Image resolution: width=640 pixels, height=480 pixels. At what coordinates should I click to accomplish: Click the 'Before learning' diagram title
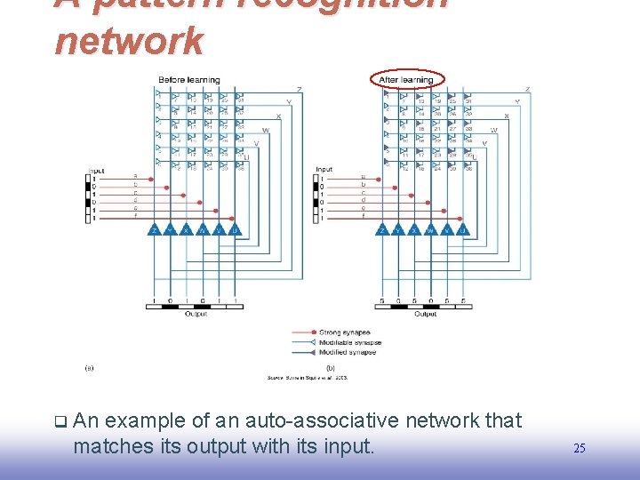[x=188, y=80]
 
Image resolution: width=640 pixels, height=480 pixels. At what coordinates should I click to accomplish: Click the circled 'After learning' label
[x=406, y=80]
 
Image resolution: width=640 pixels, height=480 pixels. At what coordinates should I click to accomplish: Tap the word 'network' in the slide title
[x=130, y=40]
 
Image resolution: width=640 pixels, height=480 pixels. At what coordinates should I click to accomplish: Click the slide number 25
[x=580, y=448]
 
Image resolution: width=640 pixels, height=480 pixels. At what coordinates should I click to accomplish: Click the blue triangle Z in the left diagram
[x=155, y=229]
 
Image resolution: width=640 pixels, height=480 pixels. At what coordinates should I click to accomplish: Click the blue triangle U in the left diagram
[x=235, y=229]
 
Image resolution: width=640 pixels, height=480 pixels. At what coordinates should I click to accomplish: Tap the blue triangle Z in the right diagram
[x=382, y=229]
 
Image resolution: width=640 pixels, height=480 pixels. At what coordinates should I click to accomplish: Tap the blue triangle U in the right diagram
[x=462, y=229]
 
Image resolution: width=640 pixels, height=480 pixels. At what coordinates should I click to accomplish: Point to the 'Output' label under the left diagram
[x=196, y=314]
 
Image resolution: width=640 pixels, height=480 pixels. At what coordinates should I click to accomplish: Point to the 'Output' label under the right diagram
[x=425, y=314]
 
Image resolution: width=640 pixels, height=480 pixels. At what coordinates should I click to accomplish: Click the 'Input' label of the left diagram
[x=95, y=170]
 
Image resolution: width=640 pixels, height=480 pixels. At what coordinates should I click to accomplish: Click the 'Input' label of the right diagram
[x=324, y=170]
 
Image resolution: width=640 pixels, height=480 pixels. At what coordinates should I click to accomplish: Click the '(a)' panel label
[x=88, y=367]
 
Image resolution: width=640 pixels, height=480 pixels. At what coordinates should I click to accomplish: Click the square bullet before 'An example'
[x=59, y=421]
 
